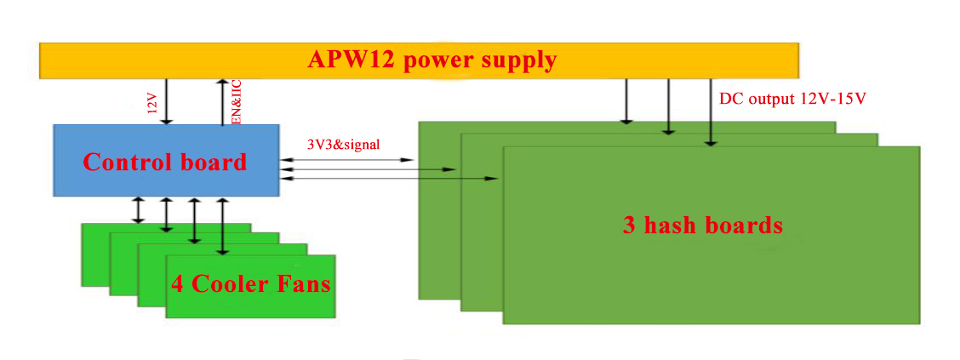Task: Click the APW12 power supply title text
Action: (431, 60)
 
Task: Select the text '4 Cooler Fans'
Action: (250, 283)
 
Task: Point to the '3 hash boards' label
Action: (702, 226)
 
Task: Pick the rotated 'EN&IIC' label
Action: (237, 101)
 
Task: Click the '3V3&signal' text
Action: (343, 145)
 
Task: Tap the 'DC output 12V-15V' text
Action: (792, 99)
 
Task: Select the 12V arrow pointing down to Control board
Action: (166, 101)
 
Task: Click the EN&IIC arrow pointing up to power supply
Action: (222, 101)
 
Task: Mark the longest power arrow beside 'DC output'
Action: (711, 111)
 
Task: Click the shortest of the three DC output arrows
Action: (627, 101)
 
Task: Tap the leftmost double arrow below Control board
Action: (138, 210)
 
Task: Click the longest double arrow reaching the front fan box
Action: (222, 226)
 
